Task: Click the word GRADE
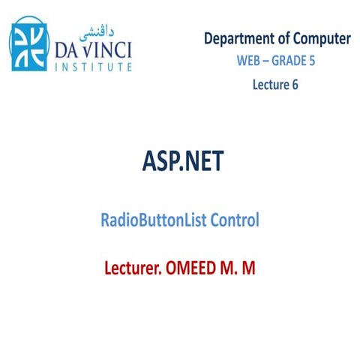tap(289, 61)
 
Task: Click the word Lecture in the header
tap(268, 84)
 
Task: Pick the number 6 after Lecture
tap(295, 84)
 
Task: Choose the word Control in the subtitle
tap(235, 220)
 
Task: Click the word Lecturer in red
tap(134, 267)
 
